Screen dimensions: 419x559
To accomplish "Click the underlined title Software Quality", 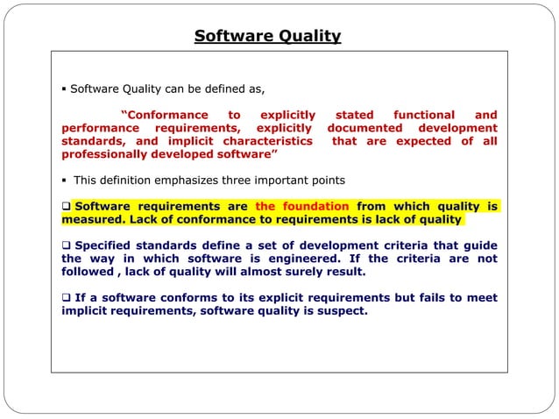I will (267, 36).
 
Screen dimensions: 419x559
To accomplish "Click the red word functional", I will (424, 115).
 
